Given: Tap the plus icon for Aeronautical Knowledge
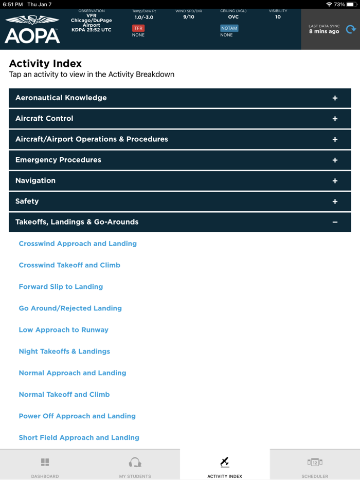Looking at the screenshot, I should click(x=335, y=98).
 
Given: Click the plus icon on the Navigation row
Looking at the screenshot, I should click(x=335, y=181).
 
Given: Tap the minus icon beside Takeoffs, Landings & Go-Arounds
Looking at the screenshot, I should click(x=335, y=222).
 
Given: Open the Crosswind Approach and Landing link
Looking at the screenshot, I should click(x=78, y=244).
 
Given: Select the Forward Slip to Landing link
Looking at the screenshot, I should click(x=61, y=287).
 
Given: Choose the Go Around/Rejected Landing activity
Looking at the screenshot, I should click(x=70, y=308).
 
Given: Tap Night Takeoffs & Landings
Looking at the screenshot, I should click(x=64, y=352).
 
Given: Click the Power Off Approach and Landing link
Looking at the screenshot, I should click(x=77, y=416).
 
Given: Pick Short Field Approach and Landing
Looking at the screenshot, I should click(x=79, y=438).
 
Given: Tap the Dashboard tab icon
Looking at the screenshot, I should click(x=45, y=462).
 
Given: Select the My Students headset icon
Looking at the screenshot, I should click(x=135, y=462).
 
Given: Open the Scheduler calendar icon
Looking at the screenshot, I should click(x=315, y=462).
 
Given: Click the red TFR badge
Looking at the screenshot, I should click(x=138, y=28).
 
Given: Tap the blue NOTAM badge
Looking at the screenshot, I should click(x=229, y=28).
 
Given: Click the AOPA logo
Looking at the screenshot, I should click(x=32, y=29).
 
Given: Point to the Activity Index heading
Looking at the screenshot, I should click(x=45, y=64).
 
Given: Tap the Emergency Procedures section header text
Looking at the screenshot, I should click(x=58, y=160).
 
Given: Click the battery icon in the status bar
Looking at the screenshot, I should click(x=352, y=4).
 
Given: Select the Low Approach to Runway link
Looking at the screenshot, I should click(x=63, y=330).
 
